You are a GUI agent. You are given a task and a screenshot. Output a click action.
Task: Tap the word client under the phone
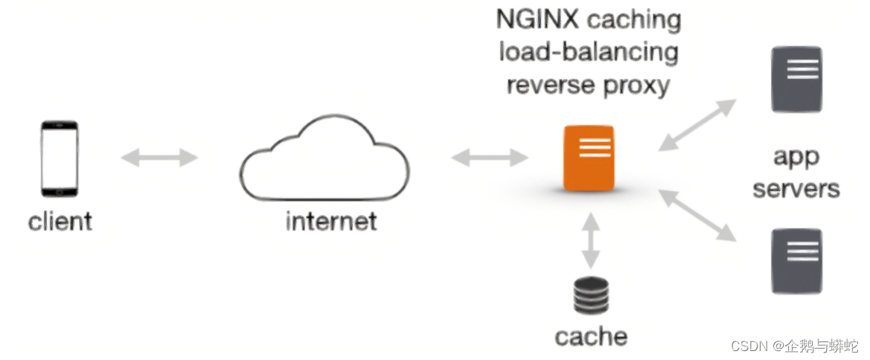click(x=60, y=221)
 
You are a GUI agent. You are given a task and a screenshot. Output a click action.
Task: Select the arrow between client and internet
click(x=159, y=157)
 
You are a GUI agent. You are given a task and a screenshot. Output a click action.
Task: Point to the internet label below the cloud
click(x=331, y=221)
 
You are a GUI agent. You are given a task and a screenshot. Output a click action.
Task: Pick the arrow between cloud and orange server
click(x=489, y=157)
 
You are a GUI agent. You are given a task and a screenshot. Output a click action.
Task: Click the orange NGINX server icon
click(x=589, y=157)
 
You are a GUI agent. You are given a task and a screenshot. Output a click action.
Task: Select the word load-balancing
click(x=589, y=53)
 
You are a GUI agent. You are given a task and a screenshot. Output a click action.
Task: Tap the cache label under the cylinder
click(x=591, y=336)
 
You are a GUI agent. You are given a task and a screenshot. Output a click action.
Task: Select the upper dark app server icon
click(x=796, y=79)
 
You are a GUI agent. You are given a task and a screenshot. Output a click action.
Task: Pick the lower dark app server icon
click(x=796, y=260)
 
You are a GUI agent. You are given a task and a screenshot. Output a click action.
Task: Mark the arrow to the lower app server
click(x=697, y=215)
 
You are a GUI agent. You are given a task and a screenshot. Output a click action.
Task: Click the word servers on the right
click(x=796, y=188)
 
